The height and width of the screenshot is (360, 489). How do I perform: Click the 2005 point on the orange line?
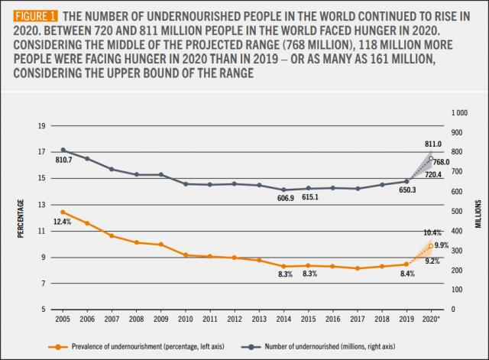click(x=63, y=212)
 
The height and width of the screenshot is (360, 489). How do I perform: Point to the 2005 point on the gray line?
click(x=63, y=150)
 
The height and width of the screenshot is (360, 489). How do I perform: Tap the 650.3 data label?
click(x=409, y=191)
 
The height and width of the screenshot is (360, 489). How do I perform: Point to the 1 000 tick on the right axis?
click(x=460, y=112)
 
